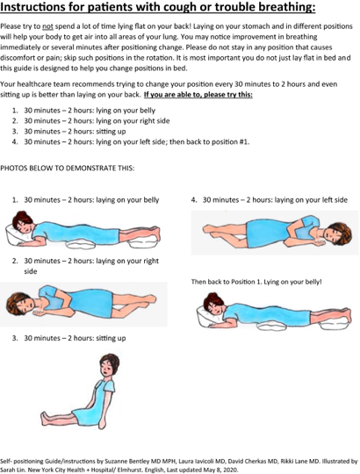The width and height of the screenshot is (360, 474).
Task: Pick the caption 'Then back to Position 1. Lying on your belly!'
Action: (256, 282)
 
